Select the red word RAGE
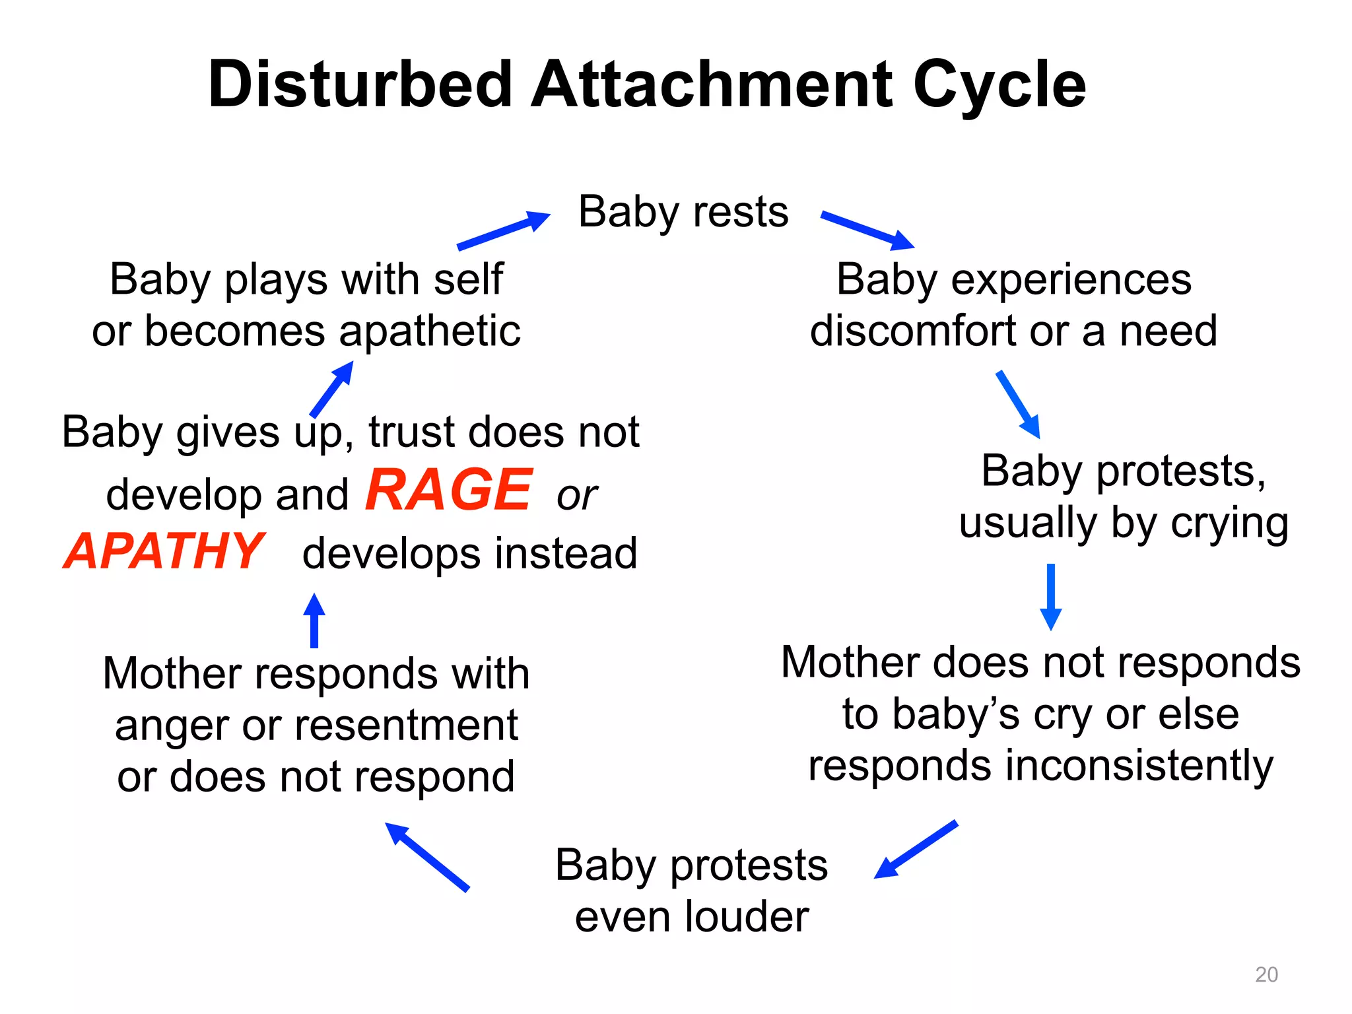click(x=448, y=490)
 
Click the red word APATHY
click(x=164, y=551)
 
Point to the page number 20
click(x=1266, y=974)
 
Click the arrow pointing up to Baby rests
click(x=504, y=230)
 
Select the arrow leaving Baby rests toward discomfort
click(x=867, y=230)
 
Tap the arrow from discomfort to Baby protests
click(x=1019, y=405)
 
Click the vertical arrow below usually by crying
click(x=1050, y=597)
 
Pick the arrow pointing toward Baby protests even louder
click(x=916, y=849)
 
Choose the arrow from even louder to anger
click(x=427, y=857)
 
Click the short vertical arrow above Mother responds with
click(x=314, y=621)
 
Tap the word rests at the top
click(x=741, y=213)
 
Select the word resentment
click(x=407, y=726)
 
